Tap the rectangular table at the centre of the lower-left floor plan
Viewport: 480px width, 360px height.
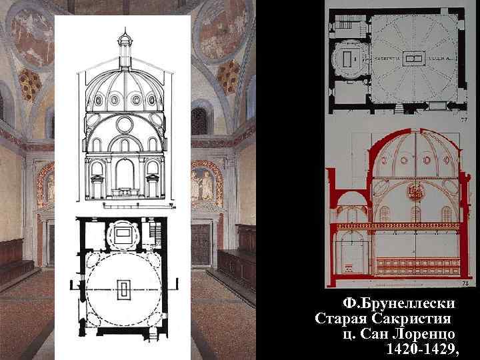124,289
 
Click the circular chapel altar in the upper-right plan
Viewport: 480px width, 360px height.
346,59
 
